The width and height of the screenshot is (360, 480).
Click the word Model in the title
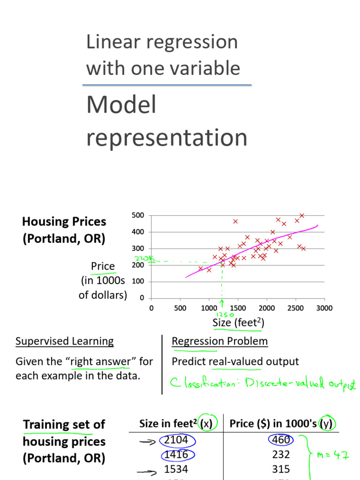click(121, 105)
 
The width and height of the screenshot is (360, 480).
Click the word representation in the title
click(167, 138)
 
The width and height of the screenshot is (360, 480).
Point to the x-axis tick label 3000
click(324, 308)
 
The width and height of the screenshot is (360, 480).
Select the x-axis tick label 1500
click(238, 308)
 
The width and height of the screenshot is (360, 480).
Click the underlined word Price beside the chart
click(103, 266)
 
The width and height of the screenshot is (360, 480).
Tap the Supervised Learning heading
click(65, 341)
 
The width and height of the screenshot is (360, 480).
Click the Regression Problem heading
click(220, 341)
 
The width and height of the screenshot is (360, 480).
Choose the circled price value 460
click(281, 440)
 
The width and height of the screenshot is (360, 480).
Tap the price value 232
click(281, 454)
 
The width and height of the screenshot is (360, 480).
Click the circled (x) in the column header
click(205, 424)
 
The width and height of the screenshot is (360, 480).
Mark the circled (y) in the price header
click(325, 424)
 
